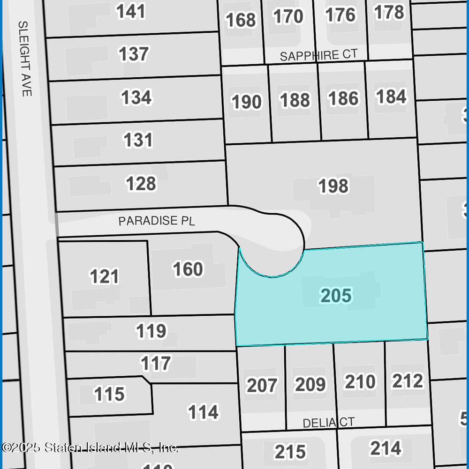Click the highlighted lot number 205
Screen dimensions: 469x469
(336, 296)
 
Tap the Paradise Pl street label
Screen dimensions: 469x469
(156, 221)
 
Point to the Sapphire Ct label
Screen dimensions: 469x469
(318, 55)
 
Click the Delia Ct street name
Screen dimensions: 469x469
(328, 423)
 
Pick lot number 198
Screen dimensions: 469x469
(333, 186)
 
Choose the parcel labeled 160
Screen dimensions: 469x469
(188, 269)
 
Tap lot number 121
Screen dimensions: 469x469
(104, 276)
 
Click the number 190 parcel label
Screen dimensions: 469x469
(247, 102)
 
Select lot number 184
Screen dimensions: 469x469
(391, 97)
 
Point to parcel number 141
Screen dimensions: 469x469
(131, 12)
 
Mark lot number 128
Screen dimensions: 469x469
(141, 184)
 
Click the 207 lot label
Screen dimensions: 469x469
(262, 385)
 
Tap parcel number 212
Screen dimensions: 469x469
(408, 381)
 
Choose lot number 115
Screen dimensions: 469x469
(109, 394)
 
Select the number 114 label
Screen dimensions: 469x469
(203, 412)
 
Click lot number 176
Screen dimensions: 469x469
(340, 15)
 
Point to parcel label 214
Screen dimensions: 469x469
(386, 448)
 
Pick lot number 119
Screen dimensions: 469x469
(151, 331)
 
